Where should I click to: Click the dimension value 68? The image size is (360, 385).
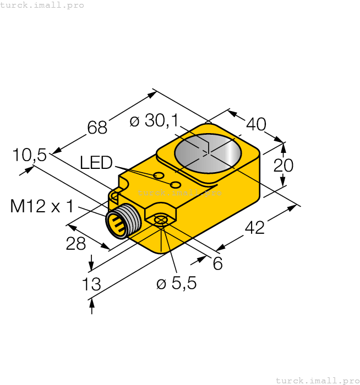(97, 127)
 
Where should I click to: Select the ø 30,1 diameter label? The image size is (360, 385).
(151, 121)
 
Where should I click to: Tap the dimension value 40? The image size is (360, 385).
(256, 124)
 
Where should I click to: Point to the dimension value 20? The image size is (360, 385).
(283, 166)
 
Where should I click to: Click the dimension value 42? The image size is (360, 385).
(254, 227)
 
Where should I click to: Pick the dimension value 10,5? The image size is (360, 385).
(30, 156)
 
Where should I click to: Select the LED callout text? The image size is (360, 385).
(96, 162)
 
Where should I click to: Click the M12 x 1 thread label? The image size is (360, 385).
(42, 206)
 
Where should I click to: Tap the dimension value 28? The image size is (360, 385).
(75, 244)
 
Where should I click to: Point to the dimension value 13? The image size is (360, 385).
(91, 284)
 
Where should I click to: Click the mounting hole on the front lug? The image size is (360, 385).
(160, 221)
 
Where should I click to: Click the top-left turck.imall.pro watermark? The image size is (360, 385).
(42, 5)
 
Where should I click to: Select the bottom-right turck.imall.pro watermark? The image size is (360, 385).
(317, 380)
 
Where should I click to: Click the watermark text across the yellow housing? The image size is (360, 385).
(179, 193)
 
